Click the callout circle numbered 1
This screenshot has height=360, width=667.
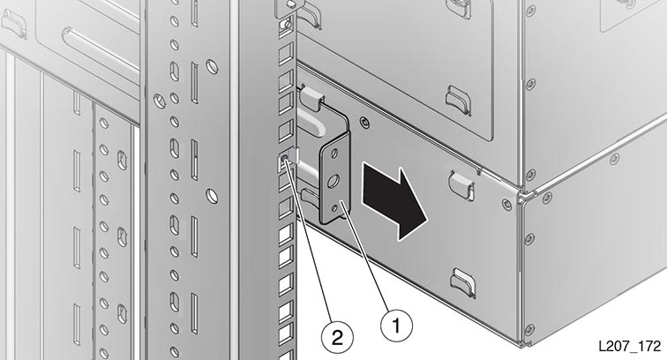pyautogui.click(x=396, y=326)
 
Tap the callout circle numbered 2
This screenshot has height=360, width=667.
pyautogui.click(x=337, y=338)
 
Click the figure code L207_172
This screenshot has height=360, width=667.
pyautogui.click(x=630, y=346)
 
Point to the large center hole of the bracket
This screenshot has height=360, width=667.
pyautogui.click(x=333, y=182)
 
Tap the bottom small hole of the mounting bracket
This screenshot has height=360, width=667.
pyautogui.click(x=333, y=207)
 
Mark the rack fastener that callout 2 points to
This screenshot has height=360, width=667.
pyautogui.click(x=285, y=160)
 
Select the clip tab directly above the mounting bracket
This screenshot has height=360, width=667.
pyautogui.click(x=311, y=97)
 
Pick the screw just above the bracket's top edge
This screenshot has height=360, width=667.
pyautogui.click(x=364, y=122)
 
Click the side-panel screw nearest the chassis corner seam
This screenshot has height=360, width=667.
pyautogui.click(x=506, y=203)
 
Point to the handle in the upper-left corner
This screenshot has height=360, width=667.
pyautogui.click(x=13, y=23)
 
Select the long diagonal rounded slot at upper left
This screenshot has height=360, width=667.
pyautogui.click(x=101, y=56)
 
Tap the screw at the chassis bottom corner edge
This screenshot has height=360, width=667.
pyautogui.click(x=529, y=328)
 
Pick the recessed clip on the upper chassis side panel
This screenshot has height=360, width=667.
pyautogui.click(x=458, y=99)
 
